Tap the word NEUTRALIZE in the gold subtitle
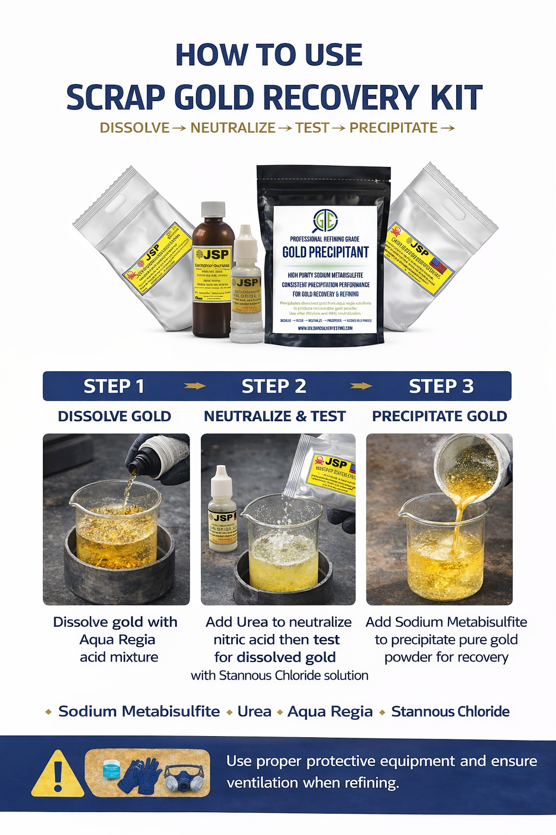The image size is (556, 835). (233, 128)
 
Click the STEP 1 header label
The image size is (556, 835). (114, 387)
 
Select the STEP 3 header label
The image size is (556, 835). (441, 387)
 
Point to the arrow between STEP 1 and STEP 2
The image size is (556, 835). (194, 386)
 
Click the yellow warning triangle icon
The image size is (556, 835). (58, 775)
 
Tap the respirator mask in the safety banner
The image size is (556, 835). (184, 777)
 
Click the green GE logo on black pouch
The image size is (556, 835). (325, 220)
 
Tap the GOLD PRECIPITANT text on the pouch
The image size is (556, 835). (325, 252)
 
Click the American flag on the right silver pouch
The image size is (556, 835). (438, 266)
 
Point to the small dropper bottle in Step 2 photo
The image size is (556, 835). (222, 508)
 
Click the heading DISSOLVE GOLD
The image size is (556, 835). (115, 416)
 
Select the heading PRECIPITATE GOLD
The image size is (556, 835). (439, 416)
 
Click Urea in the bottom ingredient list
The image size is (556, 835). (254, 712)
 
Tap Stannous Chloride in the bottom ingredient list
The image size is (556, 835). (450, 712)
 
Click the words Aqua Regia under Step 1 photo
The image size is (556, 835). (117, 640)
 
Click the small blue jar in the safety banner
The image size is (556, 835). (111, 769)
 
